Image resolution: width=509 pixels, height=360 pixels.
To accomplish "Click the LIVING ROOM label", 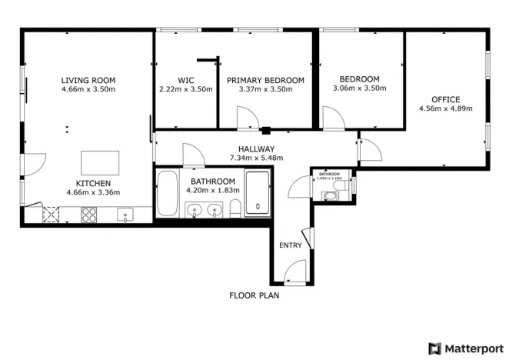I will tap(88, 79).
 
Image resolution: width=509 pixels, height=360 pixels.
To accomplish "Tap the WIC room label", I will tap(185, 80).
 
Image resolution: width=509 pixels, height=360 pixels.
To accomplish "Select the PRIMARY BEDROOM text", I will tap(265, 80).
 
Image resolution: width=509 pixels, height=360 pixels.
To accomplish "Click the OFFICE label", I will tap(445, 99).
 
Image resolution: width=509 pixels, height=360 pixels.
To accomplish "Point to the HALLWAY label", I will tap(256, 149).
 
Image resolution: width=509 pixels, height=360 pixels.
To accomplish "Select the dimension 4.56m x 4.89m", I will tap(445, 108).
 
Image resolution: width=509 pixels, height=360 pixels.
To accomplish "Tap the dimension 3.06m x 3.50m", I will tap(359, 88).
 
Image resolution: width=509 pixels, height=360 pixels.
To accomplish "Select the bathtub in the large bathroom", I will tap(166, 195).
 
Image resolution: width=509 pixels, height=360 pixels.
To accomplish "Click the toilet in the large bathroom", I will tap(235, 206).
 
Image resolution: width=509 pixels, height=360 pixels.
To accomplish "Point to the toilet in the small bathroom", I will tap(331, 196).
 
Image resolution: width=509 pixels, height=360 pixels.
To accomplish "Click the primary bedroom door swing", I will tap(248, 118).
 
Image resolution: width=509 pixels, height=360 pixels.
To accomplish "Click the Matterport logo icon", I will tap(435, 348).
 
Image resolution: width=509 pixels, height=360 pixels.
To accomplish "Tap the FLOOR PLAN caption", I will tap(254, 295).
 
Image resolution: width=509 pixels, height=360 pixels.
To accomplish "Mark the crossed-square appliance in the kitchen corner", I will tap(52, 215).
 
